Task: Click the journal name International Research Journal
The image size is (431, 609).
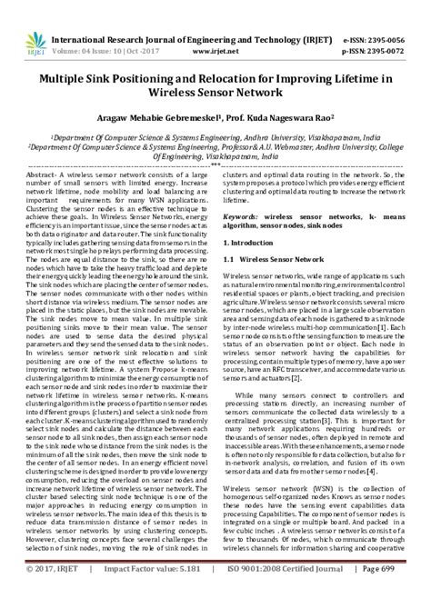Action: coord(118,15)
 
